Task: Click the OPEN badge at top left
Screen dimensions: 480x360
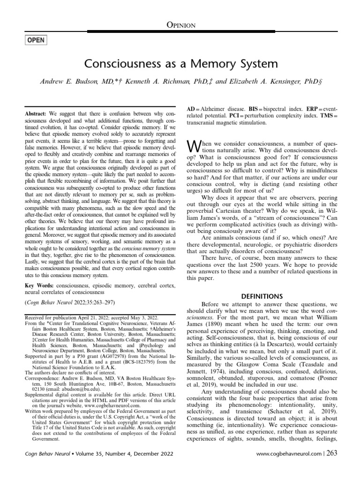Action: tap(36, 40)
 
